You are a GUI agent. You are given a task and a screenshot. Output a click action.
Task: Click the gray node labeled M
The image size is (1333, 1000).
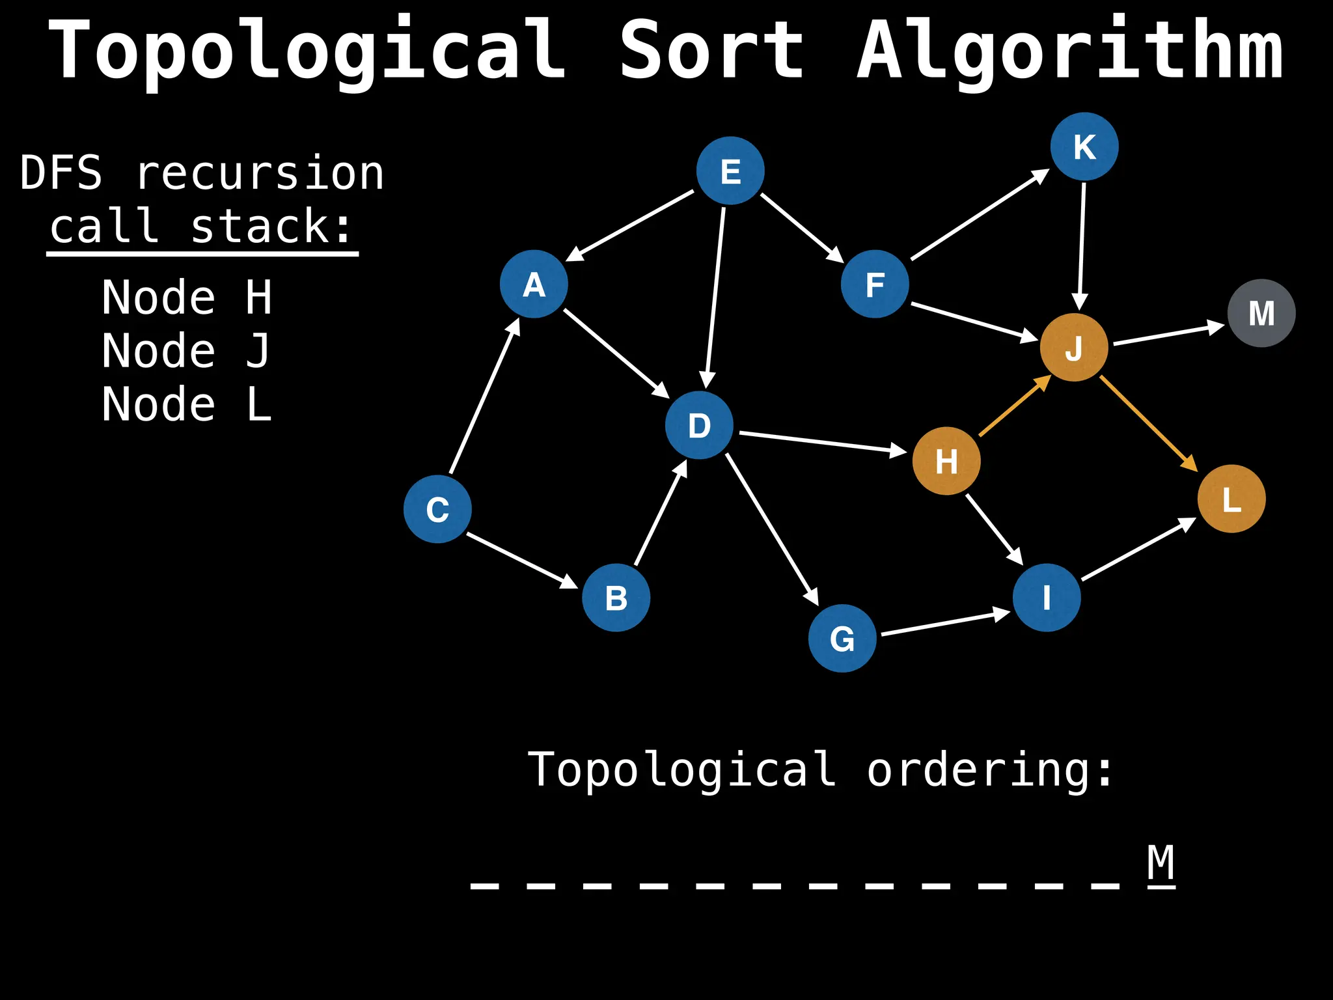(1261, 313)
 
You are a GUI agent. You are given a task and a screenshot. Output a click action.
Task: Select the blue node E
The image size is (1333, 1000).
(730, 171)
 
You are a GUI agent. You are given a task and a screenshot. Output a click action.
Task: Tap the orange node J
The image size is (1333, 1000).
(1074, 348)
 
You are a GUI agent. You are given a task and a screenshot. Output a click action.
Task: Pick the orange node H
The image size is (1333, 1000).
(946, 461)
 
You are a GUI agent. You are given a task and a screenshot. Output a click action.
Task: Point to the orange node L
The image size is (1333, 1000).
(1231, 499)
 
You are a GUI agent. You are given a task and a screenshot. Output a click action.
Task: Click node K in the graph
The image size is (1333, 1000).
(1084, 147)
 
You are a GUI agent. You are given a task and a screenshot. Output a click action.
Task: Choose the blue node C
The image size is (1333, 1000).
(437, 509)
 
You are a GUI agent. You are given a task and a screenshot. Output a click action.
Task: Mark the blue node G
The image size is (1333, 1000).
(842, 638)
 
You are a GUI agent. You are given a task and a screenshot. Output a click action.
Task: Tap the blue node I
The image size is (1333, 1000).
(1047, 598)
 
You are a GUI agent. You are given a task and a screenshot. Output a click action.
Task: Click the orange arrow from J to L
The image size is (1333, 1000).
(1148, 423)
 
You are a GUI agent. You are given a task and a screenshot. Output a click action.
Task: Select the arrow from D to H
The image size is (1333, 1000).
(823, 441)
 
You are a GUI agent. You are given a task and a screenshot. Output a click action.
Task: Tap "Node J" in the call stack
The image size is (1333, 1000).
(186, 351)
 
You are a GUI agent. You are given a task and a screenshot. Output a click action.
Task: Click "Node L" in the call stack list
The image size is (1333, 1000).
(186, 404)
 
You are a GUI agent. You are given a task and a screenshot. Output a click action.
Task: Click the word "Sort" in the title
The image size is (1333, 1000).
(711, 50)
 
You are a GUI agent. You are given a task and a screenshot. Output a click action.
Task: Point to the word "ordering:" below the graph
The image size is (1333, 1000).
(989, 770)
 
